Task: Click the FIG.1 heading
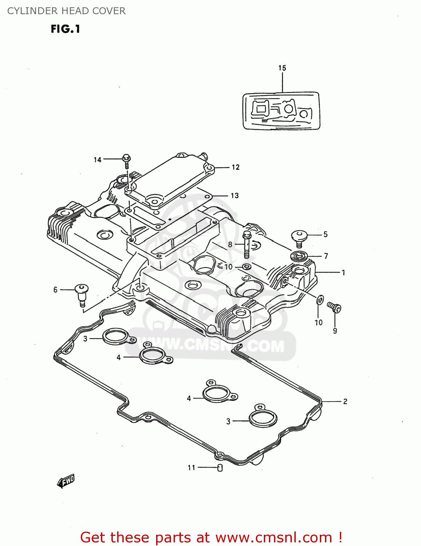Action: click(65, 29)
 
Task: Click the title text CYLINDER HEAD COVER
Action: click(66, 11)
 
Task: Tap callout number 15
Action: click(282, 68)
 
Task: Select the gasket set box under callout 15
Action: click(281, 111)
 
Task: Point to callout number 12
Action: click(236, 167)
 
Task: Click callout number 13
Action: click(235, 196)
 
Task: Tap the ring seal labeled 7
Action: click(299, 256)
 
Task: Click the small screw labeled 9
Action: click(334, 307)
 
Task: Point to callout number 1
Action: click(343, 272)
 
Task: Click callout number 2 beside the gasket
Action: click(345, 401)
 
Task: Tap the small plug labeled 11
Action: click(220, 468)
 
